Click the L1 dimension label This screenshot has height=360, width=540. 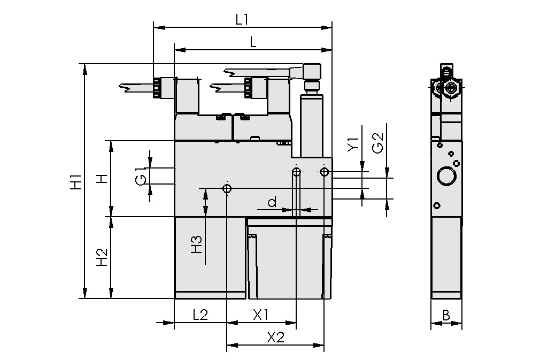click(x=242, y=19)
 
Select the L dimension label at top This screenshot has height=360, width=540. click(x=253, y=43)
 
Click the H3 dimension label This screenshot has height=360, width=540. click(x=197, y=244)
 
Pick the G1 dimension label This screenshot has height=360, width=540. click(x=140, y=176)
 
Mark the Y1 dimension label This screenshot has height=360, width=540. click(x=352, y=145)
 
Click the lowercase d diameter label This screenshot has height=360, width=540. click(x=272, y=202)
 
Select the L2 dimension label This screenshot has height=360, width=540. click(x=200, y=315)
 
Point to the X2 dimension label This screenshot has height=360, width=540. click(x=275, y=338)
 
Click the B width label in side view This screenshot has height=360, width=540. click(x=446, y=316)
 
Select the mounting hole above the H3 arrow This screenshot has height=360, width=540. click(x=227, y=189)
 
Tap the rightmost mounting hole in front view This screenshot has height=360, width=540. click(x=324, y=172)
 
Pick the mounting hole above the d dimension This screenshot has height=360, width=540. click(x=296, y=172)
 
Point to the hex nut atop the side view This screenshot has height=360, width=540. click(x=452, y=88)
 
